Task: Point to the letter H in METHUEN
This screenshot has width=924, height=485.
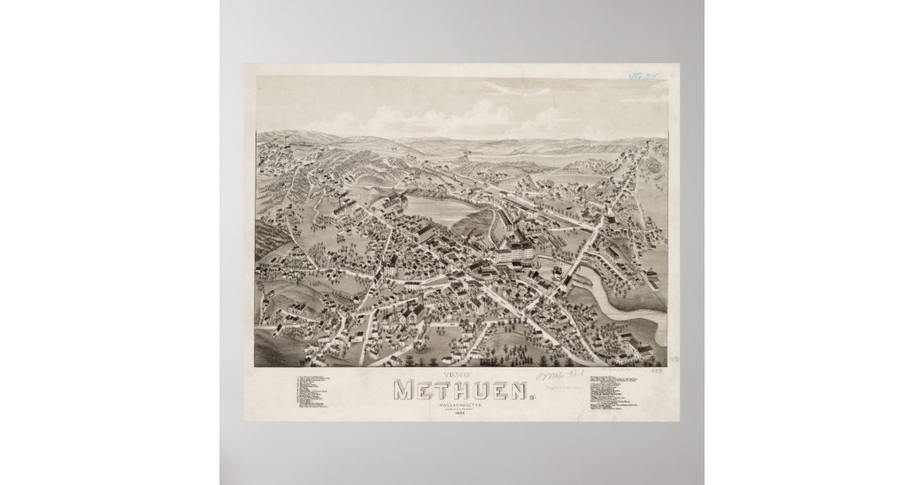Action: coord(461,390)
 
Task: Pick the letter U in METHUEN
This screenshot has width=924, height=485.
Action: coord(480,390)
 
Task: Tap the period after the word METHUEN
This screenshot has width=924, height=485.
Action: coord(531,396)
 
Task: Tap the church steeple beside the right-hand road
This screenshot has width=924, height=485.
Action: coord(608,211)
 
